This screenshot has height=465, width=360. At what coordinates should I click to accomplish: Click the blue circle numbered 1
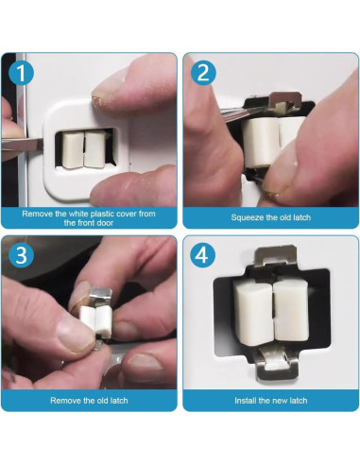tap(21, 73)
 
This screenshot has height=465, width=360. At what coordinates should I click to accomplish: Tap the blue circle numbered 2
tap(203, 73)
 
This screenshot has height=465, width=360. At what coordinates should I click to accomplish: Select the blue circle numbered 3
tap(21, 255)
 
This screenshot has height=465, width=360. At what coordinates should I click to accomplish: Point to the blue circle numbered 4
tap(203, 255)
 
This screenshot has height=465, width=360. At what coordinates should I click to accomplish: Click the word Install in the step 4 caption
tap(246, 401)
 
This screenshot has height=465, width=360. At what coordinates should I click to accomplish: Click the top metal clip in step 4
tap(276, 255)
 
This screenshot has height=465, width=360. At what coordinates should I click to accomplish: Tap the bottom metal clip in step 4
tap(276, 365)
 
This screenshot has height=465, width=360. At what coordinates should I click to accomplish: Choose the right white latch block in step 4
tap(291, 310)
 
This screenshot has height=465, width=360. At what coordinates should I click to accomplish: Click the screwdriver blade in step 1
tap(23, 146)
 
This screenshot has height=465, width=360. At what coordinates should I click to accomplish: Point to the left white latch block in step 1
tap(73, 150)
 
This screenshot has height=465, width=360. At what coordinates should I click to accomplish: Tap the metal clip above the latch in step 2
tap(284, 101)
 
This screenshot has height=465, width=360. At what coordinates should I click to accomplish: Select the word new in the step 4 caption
tap(277, 401)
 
